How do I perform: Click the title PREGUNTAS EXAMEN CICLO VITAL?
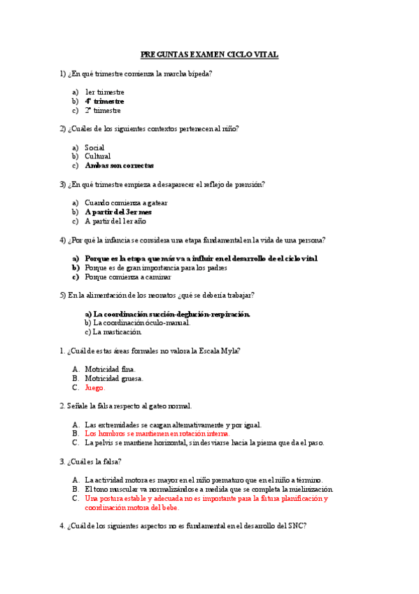(x=209, y=54)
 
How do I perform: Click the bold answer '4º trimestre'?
(x=104, y=101)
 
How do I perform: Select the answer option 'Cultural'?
(x=98, y=157)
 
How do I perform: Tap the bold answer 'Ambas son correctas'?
(x=119, y=166)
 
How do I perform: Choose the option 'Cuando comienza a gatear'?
(x=126, y=203)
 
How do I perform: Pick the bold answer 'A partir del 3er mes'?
(x=118, y=212)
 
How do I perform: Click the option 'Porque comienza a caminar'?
(x=127, y=277)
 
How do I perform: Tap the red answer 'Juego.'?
(x=94, y=387)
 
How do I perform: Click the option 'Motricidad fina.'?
(x=110, y=369)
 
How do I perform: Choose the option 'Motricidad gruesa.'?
(x=113, y=378)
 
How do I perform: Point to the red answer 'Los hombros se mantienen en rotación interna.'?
(x=157, y=434)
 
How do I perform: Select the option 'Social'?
(x=94, y=148)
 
